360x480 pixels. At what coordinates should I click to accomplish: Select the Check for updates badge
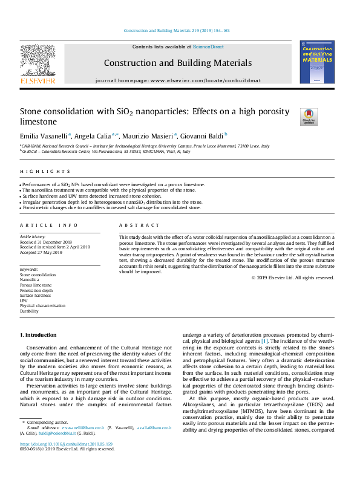pos(309,116)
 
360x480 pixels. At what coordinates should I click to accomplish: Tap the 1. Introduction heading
pos(40,334)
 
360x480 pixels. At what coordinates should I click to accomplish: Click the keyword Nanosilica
pos(30,279)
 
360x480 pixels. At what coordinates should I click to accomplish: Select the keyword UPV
pos(24,300)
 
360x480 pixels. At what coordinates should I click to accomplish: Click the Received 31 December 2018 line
pos(46,242)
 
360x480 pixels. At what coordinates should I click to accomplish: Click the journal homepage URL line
pos(177,80)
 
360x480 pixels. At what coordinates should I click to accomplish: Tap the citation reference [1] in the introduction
pos(264,342)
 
